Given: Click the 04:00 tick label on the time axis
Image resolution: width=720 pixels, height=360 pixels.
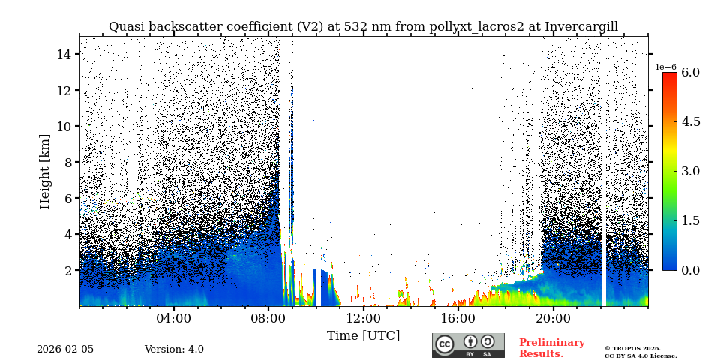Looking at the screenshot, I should pos(174,318).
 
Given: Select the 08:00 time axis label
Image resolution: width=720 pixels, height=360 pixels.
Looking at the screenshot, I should pos(268,318).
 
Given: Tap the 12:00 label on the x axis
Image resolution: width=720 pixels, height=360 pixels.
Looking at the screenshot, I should pos(364,318).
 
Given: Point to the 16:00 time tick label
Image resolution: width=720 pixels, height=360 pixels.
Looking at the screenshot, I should pos(458,318).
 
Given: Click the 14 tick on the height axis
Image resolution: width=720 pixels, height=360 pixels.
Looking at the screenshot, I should pos(63,54).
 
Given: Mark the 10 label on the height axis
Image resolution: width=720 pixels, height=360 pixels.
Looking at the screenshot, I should pos(63,126).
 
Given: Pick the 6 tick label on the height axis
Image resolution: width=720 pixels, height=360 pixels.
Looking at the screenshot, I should pos(66,198).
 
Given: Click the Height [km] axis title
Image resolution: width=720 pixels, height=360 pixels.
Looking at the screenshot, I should pos(45,171).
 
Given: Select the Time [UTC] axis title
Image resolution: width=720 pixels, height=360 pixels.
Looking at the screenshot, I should pos(363,335).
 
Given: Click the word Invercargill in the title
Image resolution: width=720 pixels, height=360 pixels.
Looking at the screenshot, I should pos(581,27).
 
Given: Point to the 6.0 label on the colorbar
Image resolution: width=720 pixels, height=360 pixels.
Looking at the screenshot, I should pos(690,73).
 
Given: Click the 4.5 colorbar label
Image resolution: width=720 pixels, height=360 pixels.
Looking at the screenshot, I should pos(690,122).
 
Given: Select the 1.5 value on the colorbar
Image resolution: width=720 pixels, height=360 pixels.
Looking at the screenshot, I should pos(690,220).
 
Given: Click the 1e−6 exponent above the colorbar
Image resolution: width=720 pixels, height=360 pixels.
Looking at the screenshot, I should pos(665,67).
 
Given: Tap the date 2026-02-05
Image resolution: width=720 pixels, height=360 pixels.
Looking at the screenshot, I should pos(65,349).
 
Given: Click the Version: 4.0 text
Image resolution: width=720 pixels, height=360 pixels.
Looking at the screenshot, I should pos(174,349).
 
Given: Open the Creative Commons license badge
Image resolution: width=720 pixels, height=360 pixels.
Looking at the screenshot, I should pos(468,345).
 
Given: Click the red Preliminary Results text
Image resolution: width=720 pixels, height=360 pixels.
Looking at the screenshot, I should pos(551,348).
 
